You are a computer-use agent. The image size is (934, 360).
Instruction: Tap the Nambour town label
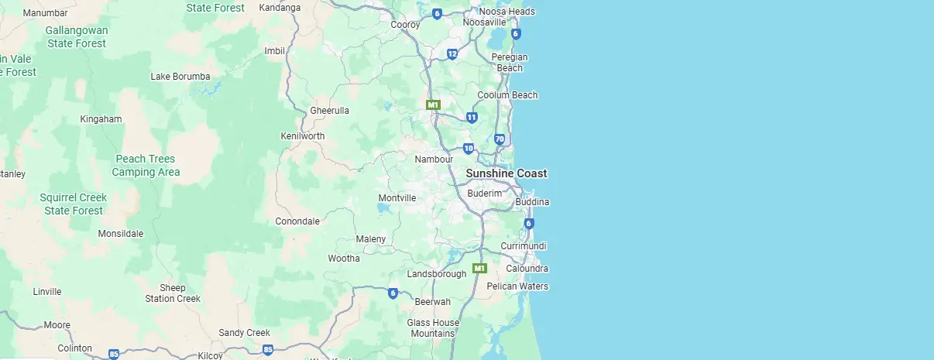(x=434, y=159)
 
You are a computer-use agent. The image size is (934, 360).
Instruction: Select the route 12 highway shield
(x=452, y=53)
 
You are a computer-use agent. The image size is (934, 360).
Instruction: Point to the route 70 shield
(x=500, y=139)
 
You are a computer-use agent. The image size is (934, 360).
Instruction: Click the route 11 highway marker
(x=472, y=118)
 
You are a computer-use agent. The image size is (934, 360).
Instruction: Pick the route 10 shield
(x=469, y=148)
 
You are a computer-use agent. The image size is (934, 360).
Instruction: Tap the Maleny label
(x=370, y=238)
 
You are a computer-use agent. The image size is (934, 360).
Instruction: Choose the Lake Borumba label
(x=180, y=76)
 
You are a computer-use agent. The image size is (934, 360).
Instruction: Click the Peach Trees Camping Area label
(x=146, y=166)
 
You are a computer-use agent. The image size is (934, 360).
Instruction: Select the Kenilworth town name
(x=302, y=136)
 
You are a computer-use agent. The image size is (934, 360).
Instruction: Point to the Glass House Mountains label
(x=433, y=328)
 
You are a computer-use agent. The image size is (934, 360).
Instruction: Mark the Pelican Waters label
(x=517, y=286)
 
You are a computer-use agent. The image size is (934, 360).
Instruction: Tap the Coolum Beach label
(x=507, y=95)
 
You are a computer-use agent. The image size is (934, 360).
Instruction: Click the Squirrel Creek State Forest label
(x=74, y=204)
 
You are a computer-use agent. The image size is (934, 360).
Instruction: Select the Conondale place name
(x=297, y=221)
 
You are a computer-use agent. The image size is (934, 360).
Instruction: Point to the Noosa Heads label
(x=506, y=12)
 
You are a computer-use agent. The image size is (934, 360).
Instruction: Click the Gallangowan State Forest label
(x=77, y=36)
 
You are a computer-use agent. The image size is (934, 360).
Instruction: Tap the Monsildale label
(x=121, y=233)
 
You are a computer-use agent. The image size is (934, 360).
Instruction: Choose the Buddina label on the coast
(x=532, y=202)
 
